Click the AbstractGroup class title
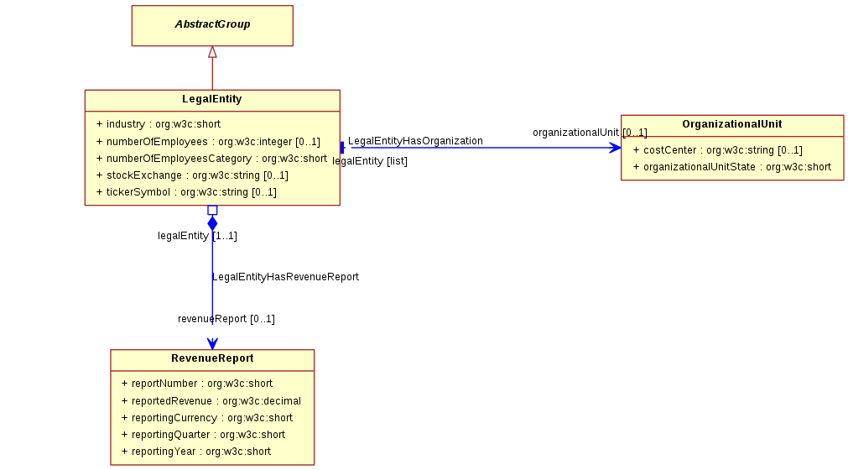(212, 24)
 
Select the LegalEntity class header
(212, 100)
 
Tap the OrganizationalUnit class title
(731, 124)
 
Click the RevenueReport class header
(212, 358)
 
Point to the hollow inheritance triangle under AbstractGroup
(212, 52)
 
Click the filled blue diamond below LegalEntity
(212, 223)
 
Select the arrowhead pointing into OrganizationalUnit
(615, 148)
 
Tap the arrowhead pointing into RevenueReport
(212, 344)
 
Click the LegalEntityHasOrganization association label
(415, 141)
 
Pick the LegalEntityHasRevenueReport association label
(285, 277)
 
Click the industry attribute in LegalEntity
(159, 124)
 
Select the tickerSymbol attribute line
(186, 192)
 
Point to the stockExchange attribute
(193, 175)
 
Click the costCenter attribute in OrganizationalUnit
(718, 150)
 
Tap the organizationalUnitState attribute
(732, 167)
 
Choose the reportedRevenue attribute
(211, 401)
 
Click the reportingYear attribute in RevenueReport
(196, 452)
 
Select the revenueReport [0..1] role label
(226, 319)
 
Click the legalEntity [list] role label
(370, 161)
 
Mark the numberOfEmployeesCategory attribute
(211, 159)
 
